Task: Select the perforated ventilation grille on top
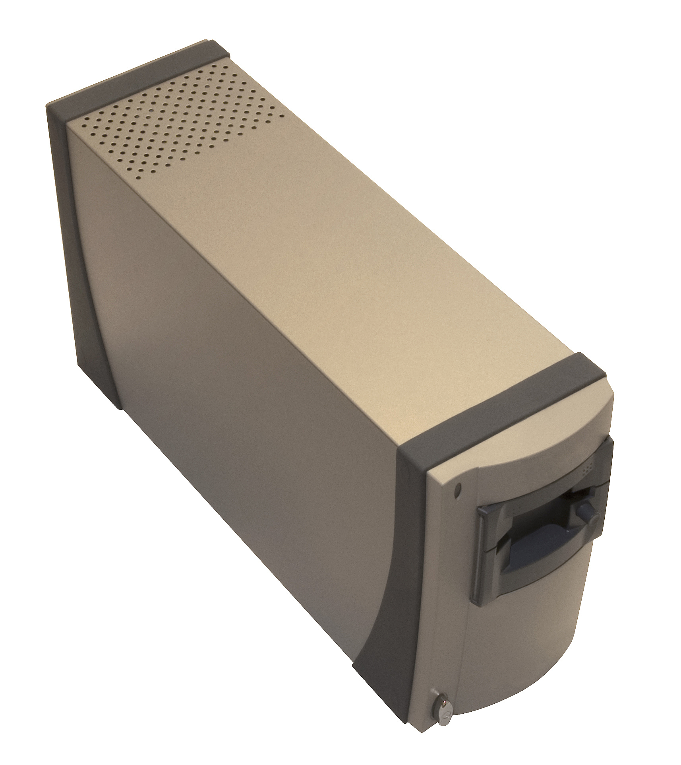point(175,115)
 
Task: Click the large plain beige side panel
point(238,398)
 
